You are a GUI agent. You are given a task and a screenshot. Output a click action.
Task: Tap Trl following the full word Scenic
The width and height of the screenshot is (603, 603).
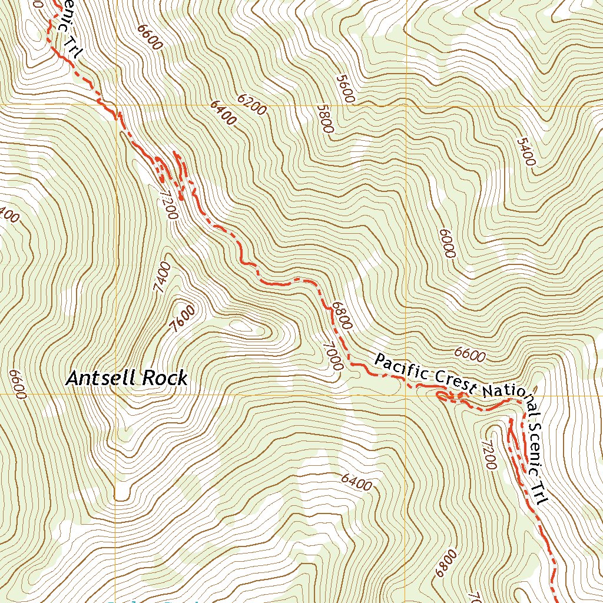tap(541, 495)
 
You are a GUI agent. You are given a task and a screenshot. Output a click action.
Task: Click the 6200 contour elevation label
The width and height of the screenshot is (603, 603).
tap(253, 104)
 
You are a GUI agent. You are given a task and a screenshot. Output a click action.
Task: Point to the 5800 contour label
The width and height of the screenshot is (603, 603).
tap(325, 119)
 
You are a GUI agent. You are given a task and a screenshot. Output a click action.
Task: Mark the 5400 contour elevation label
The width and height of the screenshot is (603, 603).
tap(526, 153)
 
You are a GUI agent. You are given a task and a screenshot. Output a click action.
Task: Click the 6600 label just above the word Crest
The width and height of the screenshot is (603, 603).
tap(470, 355)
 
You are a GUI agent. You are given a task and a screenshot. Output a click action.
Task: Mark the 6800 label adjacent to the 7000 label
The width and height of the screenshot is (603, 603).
tap(342, 316)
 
